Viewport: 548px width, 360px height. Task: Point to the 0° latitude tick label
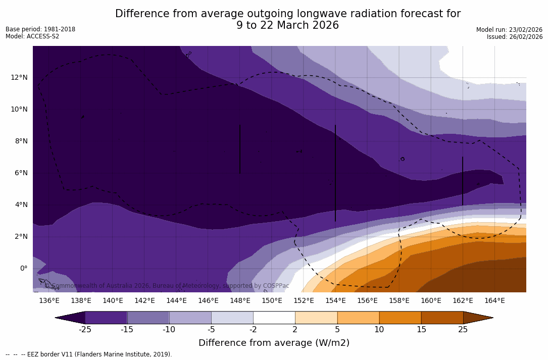coord(24,268)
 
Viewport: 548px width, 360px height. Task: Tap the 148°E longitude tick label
coord(240,300)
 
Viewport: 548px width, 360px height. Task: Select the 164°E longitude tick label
coord(494,300)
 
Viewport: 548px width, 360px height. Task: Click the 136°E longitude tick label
coord(49,300)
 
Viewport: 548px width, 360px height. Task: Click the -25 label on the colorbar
coord(85,330)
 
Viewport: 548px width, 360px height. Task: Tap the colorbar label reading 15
coord(421,330)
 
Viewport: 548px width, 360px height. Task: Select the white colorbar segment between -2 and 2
coord(274,318)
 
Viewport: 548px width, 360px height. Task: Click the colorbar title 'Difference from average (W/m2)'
coord(274,343)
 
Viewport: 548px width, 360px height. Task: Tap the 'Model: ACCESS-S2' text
coord(32,36)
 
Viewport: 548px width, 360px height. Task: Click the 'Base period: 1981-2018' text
coord(40,29)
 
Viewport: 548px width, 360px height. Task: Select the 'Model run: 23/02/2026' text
coord(509,30)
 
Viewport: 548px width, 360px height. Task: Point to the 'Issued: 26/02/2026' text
coord(515,37)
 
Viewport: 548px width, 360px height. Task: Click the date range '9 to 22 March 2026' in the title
coord(287,25)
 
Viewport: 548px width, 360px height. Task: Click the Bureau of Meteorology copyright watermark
coord(167,286)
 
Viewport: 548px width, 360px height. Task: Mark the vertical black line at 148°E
coord(240,149)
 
